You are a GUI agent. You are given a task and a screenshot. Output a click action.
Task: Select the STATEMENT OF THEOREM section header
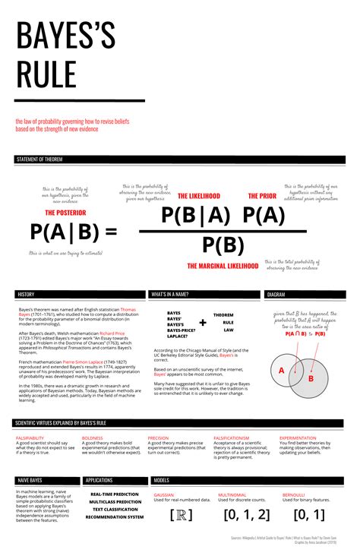pyautogui.click(x=39, y=160)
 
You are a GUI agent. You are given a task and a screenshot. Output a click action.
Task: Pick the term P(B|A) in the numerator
pyautogui.click(x=195, y=216)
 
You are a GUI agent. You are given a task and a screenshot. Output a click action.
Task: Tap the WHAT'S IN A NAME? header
pyautogui.click(x=171, y=294)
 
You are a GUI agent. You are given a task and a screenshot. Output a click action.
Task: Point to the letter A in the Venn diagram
pyautogui.click(x=281, y=370)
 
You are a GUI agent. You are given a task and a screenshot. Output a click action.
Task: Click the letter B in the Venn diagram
pyautogui.click(x=311, y=378)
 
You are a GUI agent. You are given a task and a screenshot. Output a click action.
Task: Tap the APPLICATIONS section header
pyautogui.click(x=99, y=480)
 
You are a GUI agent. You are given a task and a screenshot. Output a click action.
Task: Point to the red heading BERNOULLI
pyautogui.click(x=293, y=494)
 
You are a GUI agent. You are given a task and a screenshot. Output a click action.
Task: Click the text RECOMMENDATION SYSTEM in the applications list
pyautogui.click(x=114, y=517)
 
